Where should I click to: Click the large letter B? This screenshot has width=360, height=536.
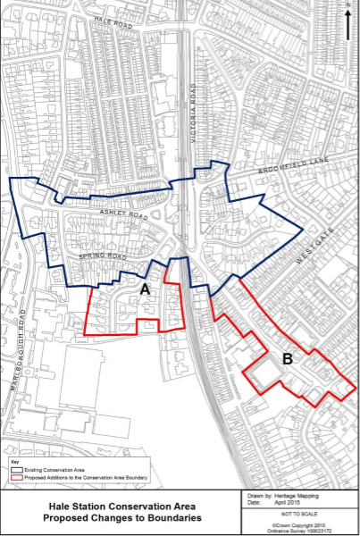point(287,361)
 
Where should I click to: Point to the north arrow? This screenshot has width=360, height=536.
point(347,23)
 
